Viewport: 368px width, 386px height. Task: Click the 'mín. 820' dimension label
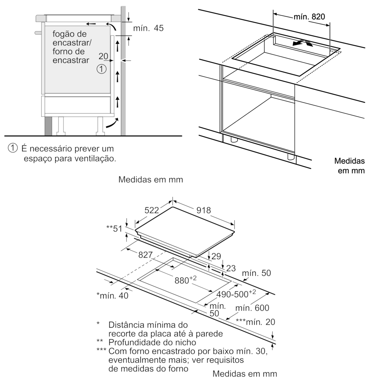click(309, 17)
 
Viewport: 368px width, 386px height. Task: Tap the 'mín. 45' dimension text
click(148, 28)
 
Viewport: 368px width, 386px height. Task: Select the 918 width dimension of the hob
click(204, 210)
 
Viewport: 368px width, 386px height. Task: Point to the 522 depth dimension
click(152, 210)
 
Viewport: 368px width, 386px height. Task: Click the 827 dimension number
click(145, 255)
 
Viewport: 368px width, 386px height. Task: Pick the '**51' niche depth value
click(114, 229)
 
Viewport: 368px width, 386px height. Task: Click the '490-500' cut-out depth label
click(236, 294)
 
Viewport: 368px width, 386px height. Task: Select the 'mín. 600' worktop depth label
click(252, 308)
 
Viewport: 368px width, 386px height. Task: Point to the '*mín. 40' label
click(112, 295)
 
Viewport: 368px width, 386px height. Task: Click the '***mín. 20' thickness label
click(255, 322)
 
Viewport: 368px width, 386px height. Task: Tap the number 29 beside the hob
click(216, 256)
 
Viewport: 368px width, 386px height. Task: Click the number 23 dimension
click(231, 268)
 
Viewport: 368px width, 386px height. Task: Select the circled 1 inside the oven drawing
click(102, 69)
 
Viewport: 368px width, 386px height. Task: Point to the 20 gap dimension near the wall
click(103, 56)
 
